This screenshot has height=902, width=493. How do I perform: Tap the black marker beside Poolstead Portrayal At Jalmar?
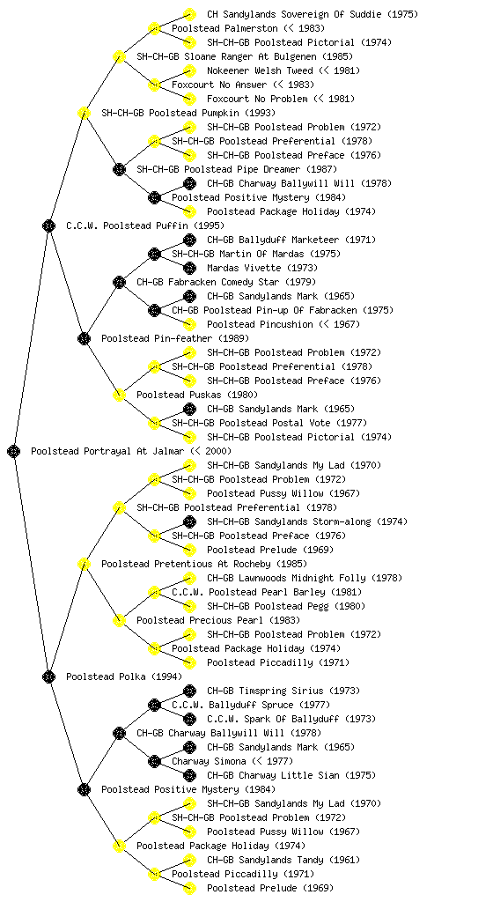[14, 451]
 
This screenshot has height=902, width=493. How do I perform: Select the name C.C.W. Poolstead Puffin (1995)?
[145, 225]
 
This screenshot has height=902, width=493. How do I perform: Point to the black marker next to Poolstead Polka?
[48, 676]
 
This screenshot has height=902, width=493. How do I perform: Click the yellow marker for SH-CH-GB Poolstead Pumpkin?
[84, 113]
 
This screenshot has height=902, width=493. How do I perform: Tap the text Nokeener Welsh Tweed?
[260, 70]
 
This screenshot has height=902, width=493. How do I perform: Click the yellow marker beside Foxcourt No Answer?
[154, 85]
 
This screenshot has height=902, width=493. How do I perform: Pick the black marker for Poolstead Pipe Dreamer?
[119, 169]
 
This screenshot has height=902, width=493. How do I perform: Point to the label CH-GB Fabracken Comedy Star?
[208, 282]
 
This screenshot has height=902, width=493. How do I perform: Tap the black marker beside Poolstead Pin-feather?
[84, 338]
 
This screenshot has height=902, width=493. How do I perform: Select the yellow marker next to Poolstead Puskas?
[119, 395]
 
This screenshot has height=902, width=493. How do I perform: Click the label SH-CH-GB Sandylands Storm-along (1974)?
[307, 521]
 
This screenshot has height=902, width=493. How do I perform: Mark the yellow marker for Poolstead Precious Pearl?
[119, 620]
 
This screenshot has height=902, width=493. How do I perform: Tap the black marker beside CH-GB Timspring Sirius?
[189, 691]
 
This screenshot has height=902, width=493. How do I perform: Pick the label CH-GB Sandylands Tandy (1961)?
[283, 860]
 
